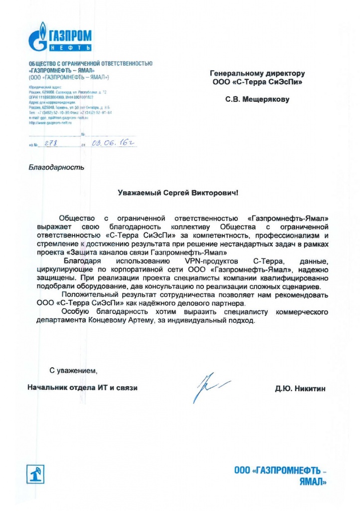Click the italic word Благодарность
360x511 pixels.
(x=56, y=167)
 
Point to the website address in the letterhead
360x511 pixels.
(x=50, y=122)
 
